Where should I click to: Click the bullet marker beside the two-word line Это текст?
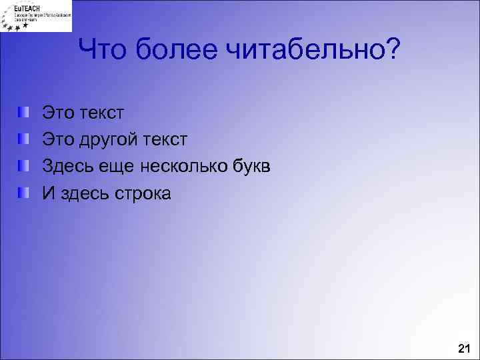pos(24,111)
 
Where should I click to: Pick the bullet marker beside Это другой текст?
pos(24,139)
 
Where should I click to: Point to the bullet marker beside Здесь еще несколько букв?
pos(24,166)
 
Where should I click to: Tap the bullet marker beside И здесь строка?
pos(24,193)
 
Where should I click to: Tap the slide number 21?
pos(464,348)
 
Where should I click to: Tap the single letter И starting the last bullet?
pos(48,194)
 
